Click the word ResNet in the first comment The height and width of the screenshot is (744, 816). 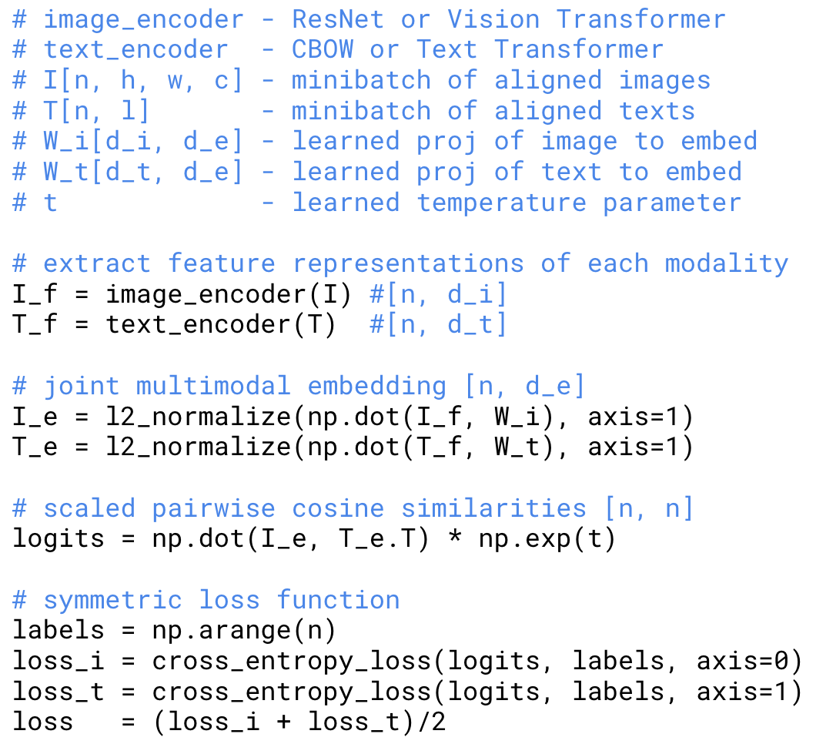pos(338,18)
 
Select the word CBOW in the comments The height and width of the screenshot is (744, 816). pos(323,49)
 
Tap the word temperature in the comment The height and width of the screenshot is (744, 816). pos(501,203)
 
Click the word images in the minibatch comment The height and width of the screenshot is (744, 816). pos(665,80)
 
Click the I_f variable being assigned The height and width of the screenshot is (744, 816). pos(35,293)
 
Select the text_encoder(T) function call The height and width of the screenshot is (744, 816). pos(222,324)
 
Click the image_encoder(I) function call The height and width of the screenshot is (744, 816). pos(229,293)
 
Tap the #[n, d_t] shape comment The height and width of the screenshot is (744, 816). pos(439,324)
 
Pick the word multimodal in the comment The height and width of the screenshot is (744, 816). pos(214,385)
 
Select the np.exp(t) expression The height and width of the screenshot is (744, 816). pos(547,538)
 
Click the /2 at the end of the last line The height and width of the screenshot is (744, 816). pos(431,722)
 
